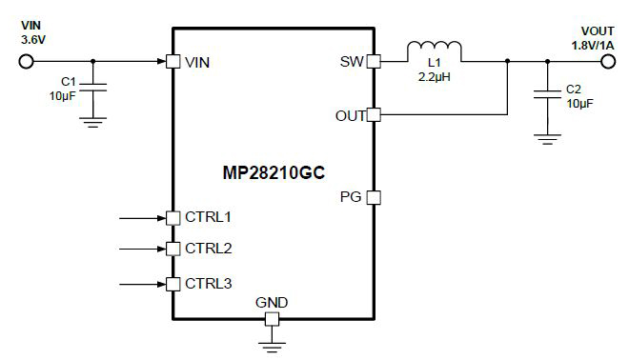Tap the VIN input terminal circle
click(26, 62)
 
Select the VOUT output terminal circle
click(606, 62)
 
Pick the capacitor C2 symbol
click(546, 94)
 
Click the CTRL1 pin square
click(172, 217)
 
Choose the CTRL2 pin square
click(172, 249)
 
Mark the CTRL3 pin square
click(172, 284)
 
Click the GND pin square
click(272, 319)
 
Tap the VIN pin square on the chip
click(172, 62)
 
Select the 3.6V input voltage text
click(33, 41)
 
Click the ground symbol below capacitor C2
click(546, 139)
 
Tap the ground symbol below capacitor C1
click(92, 120)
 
